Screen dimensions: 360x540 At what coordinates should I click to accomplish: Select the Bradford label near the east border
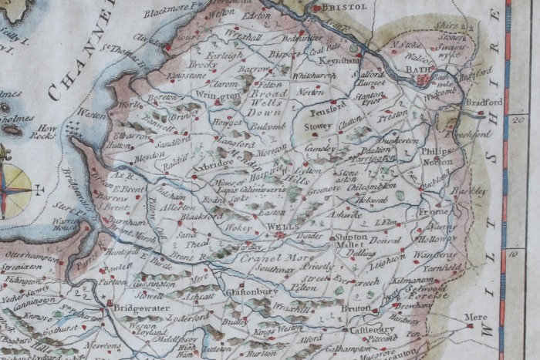click(x=484, y=102)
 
